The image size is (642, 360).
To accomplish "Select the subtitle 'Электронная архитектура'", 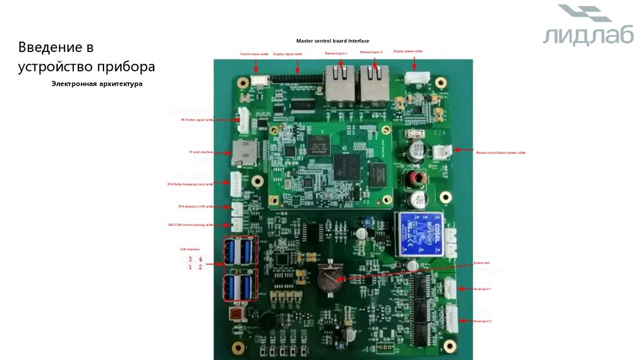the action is [x=97, y=83].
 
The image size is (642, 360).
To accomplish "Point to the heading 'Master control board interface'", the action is [x=333, y=41].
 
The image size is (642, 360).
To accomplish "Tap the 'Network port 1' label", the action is [x=336, y=53].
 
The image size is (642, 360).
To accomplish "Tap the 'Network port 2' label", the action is [x=371, y=52].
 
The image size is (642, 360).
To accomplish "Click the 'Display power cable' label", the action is [x=408, y=51].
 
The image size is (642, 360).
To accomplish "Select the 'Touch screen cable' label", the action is [x=254, y=54].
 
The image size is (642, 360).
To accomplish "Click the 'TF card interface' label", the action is [x=201, y=152].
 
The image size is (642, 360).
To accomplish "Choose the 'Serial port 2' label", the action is [x=482, y=320].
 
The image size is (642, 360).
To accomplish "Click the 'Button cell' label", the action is [x=481, y=263].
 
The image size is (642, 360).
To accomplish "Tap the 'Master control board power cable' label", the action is [x=500, y=152].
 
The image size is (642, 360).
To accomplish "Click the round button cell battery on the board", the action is [x=328, y=277].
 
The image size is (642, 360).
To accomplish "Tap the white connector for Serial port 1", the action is [x=450, y=288].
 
